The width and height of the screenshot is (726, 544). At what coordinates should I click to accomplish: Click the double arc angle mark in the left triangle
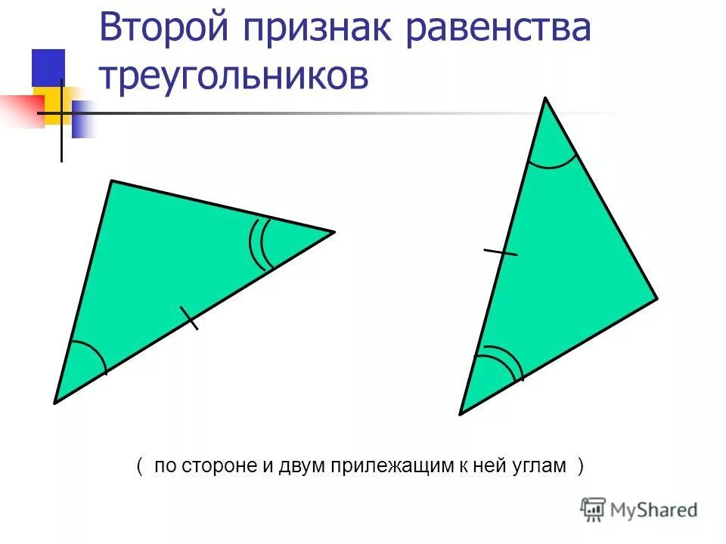[x=259, y=244]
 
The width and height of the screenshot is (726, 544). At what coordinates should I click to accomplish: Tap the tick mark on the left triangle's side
[x=189, y=318]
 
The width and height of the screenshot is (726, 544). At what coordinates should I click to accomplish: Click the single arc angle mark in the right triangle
[x=553, y=162]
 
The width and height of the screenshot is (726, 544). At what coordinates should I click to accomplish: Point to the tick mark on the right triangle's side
[x=500, y=252]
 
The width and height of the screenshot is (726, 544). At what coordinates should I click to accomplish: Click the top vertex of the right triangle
[x=545, y=98]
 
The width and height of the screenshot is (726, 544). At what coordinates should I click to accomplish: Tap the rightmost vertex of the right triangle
[x=656, y=298]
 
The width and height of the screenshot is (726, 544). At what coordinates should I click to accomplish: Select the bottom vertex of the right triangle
[x=461, y=413]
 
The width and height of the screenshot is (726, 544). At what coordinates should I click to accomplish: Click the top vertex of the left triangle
[x=112, y=181]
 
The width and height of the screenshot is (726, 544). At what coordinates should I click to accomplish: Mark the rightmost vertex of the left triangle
[x=334, y=231]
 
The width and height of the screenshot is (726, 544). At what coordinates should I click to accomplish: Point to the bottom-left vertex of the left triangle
[x=54, y=403]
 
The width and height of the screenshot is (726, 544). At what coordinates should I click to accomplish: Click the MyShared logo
[x=639, y=510]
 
